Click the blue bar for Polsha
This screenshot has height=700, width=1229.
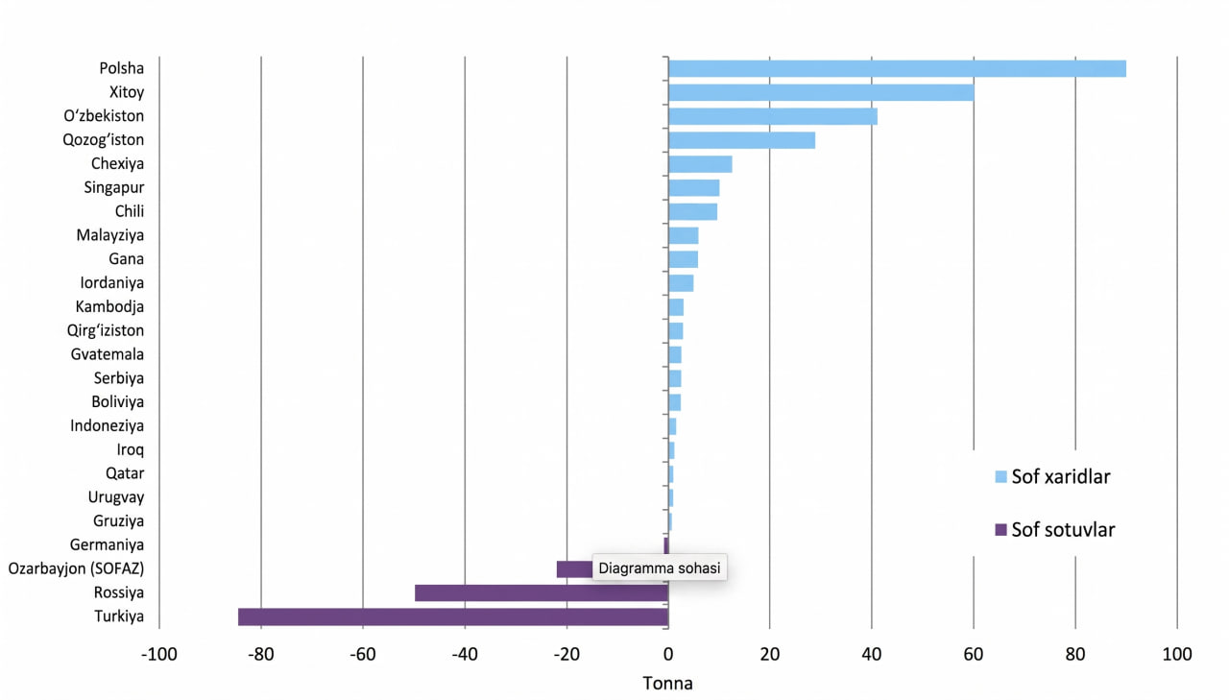click(x=897, y=68)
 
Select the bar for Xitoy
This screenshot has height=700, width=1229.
click(x=821, y=93)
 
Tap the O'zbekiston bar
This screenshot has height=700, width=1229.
click(x=773, y=116)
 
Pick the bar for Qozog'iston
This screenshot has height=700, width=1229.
click(x=741, y=140)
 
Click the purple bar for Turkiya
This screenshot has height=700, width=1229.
click(x=453, y=616)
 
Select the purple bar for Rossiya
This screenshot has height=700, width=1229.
click(x=542, y=593)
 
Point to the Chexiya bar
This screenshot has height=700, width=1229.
click(x=700, y=164)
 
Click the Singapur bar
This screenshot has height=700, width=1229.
click(x=693, y=187)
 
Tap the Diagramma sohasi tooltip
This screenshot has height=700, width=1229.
click(x=660, y=567)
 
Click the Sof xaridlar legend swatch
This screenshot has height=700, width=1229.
click(x=1000, y=476)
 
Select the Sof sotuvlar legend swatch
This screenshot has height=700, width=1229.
click(x=1000, y=530)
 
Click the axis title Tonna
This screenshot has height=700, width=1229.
click(x=667, y=684)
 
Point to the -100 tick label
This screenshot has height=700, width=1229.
click(x=159, y=654)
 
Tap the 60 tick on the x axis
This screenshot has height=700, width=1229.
click(x=974, y=654)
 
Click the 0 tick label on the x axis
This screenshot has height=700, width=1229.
click(x=667, y=654)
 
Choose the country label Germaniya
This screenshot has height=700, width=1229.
click(x=107, y=544)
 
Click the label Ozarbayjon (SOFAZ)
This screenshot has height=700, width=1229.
click(x=76, y=568)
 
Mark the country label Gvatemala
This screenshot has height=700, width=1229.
click(x=108, y=354)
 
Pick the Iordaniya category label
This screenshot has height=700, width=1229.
click(x=112, y=283)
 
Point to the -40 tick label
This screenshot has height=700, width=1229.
click(x=465, y=654)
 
